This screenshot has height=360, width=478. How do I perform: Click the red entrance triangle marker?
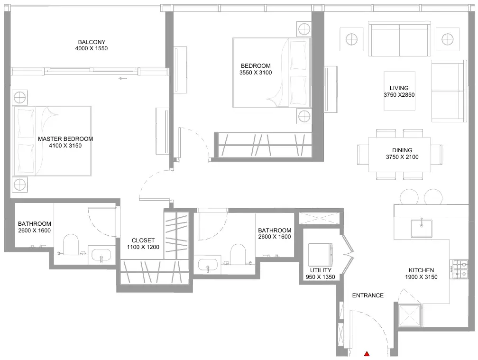point(367,354)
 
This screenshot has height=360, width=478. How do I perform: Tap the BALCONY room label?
point(92,42)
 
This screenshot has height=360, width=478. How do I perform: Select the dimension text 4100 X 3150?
point(65,146)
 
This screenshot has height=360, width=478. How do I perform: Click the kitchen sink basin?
point(422,228)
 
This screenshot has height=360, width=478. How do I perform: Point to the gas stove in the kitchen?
point(460,269)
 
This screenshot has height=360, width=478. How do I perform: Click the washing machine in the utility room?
point(320,255)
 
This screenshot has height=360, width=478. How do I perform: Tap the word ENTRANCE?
point(368,295)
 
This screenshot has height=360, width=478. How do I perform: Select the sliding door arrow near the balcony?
point(123,78)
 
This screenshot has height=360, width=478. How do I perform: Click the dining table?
point(400,155)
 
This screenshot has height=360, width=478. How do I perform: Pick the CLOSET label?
point(143,240)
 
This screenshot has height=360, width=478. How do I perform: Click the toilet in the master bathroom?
point(71,244)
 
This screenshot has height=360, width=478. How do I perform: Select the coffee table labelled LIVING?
point(399,91)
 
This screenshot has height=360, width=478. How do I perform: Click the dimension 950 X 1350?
point(321,277)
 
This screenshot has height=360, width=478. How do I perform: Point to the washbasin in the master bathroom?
point(101,256)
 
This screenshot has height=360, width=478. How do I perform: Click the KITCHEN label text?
point(421,270)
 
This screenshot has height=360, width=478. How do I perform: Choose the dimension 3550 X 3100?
point(256,73)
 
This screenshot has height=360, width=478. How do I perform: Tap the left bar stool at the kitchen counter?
point(409,197)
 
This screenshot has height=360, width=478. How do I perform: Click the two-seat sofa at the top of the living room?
point(400,39)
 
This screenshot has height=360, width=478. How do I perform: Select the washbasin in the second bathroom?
point(208,265)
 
